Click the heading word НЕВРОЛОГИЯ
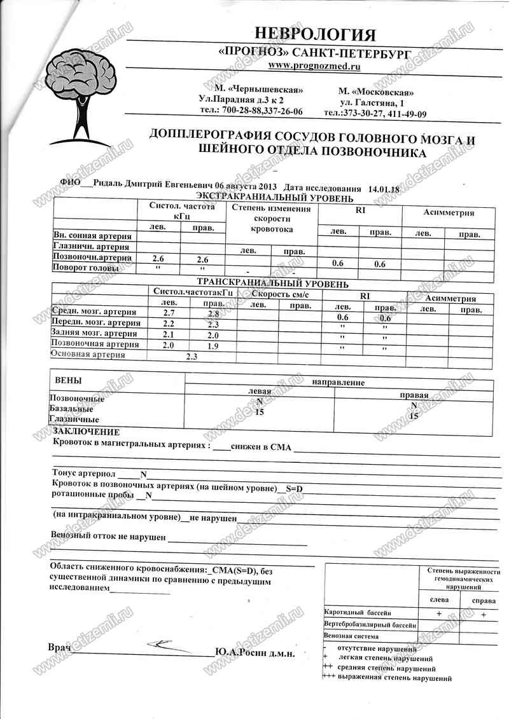pos(315,34)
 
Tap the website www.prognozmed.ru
pos(315,65)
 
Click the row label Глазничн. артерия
pos(92,247)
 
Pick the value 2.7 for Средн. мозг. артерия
pos(169,313)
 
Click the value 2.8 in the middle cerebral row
pos(213,314)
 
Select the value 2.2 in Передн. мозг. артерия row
pos(169,324)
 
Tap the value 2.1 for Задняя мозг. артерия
pos(169,334)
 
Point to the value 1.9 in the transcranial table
pos(213,345)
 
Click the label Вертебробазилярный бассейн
pos(370,625)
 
